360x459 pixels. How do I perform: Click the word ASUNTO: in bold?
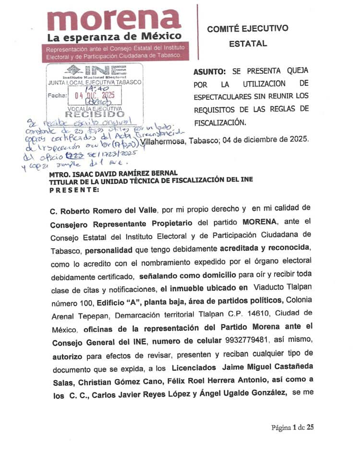click(209, 72)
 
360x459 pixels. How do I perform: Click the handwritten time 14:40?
click(96, 88)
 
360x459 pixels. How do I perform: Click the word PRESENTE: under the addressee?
click(75, 190)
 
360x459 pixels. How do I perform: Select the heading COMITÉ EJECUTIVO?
click(248, 29)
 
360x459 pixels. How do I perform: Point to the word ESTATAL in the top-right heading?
click(248, 44)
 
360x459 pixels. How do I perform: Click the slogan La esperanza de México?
click(114, 37)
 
